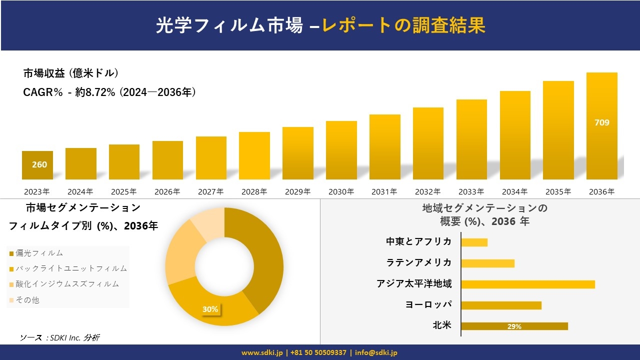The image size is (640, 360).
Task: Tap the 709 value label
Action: [601, 122]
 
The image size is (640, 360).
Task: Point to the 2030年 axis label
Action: [340, 191]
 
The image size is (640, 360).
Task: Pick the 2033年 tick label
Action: [471, 191]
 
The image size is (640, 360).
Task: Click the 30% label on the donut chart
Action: [210, 309]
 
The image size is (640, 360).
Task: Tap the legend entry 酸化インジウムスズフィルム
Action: [67, 284]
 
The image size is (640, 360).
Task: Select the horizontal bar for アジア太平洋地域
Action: [528, 284]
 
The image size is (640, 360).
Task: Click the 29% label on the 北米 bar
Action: [514, 326]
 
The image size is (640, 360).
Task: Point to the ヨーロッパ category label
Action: [428, 304]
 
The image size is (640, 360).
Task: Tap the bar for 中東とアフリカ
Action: [474, 242]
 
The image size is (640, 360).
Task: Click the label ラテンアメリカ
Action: [418, 262]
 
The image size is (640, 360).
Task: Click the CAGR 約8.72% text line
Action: [109, 92]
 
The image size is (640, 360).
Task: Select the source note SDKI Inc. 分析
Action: [59, 337]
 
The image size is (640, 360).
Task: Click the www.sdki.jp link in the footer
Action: [262, 352]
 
